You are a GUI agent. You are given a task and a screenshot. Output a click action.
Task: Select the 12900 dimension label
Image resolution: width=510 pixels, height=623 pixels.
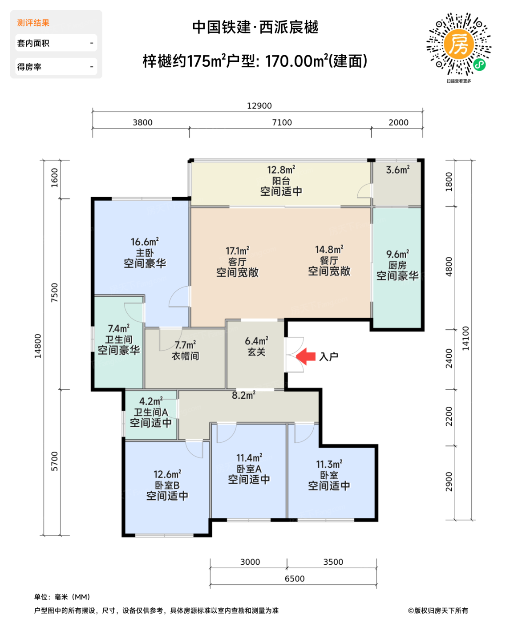(x=259, y=106)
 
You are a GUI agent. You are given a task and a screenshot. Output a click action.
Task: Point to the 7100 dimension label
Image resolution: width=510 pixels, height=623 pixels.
(x=282, y=123)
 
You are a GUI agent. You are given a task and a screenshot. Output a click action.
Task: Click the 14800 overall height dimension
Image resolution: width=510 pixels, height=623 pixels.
(x=38, y=346)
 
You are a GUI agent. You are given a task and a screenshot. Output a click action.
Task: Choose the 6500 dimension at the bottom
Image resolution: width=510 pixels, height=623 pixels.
(x=295, y=578)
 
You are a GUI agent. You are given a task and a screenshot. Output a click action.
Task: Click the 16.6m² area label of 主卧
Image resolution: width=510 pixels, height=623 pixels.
(x=145, y=242)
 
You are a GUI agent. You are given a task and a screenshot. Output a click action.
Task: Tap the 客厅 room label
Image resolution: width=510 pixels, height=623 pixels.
(x=237, y=262)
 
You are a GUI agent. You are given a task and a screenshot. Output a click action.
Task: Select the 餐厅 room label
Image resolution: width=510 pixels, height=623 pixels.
(x=329, y=261)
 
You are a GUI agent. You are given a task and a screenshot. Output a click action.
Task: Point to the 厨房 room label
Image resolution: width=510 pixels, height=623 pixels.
(x=397, y=266)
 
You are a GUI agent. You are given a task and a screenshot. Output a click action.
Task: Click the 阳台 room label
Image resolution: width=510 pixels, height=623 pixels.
(x=281, y=181)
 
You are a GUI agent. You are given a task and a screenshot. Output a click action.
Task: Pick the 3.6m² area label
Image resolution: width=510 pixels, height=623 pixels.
(x=397, y=170)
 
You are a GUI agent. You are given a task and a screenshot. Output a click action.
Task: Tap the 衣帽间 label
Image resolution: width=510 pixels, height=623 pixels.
(x=186, y=356)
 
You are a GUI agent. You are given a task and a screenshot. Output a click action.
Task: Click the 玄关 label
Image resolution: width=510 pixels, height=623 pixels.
(x=256, y=352)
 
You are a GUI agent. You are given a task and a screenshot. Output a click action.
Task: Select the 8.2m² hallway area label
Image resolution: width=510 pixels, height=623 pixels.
(x=243, y=395)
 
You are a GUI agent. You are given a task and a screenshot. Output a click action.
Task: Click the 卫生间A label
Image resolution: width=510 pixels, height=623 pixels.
(x=151, y=413)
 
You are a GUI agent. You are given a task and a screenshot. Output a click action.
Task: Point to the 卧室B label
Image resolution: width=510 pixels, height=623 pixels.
(x=167, y=485)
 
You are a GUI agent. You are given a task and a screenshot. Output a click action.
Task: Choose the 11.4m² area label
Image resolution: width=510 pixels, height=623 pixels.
(x=249, y=458)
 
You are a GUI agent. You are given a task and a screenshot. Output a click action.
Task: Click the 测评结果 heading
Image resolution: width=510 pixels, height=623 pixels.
(x=33, y=23)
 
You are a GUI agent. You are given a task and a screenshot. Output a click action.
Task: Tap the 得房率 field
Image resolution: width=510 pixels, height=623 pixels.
(x=56, y=67)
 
